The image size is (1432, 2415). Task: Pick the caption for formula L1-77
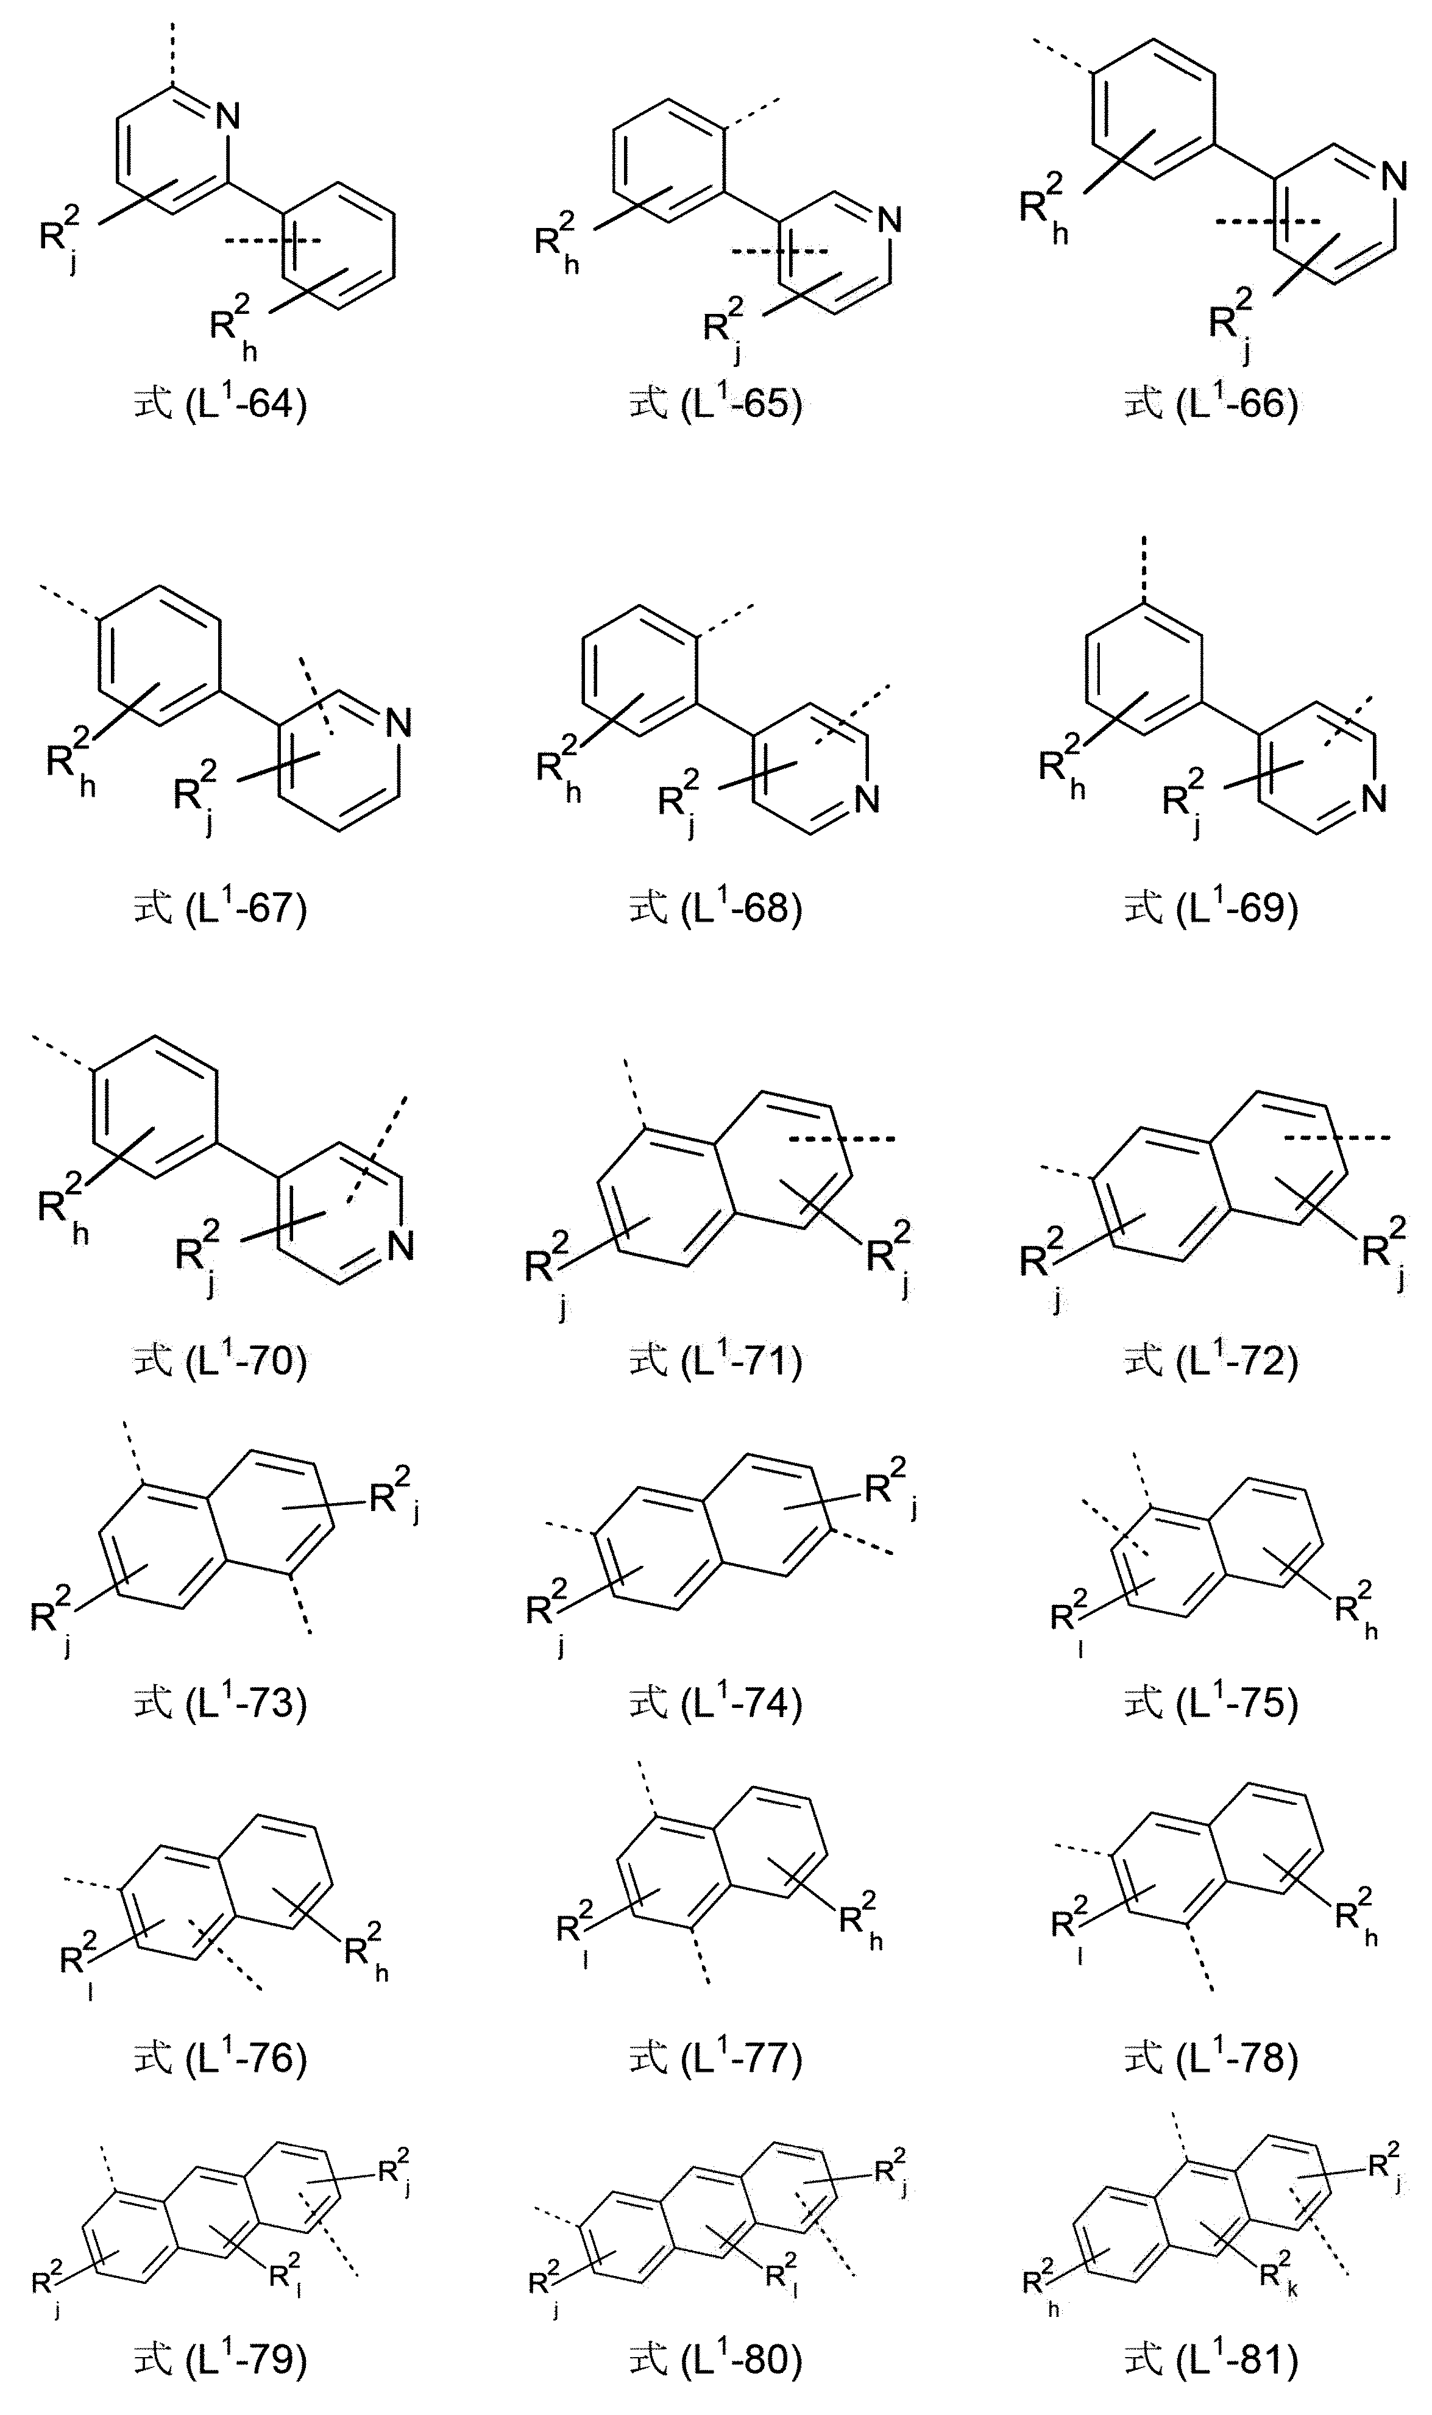pos(716,2058)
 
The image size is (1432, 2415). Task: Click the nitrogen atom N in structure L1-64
pos(228,117)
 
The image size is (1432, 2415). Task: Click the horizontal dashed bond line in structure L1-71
pos(842,1139)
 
